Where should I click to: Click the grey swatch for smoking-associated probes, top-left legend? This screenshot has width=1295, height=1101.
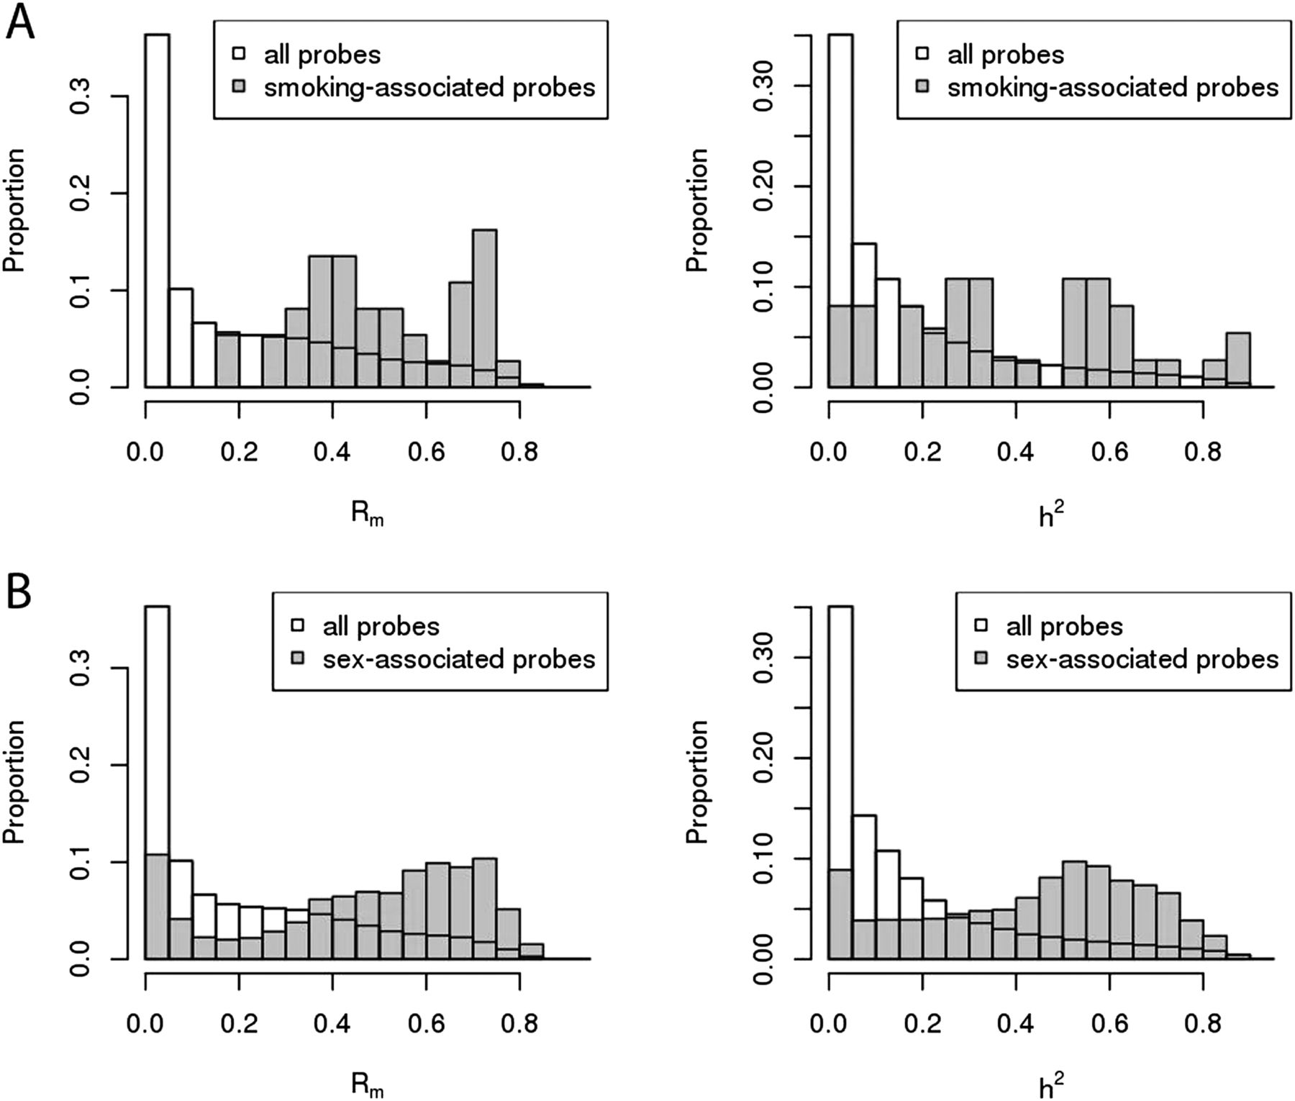239,87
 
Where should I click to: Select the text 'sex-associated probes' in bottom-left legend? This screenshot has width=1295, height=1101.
459,659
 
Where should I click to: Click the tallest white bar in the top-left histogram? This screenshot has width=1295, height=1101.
158,209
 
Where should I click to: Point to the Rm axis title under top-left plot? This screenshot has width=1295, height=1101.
367,514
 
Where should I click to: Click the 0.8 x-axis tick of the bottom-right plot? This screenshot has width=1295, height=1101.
1203,1023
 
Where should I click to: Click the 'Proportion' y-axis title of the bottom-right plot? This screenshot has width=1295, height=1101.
696,781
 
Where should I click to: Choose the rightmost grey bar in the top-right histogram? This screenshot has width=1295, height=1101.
1237,360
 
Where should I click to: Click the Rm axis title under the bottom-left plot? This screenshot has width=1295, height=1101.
367,1085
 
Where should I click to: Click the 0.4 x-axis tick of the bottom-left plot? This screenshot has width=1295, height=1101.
332,1023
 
